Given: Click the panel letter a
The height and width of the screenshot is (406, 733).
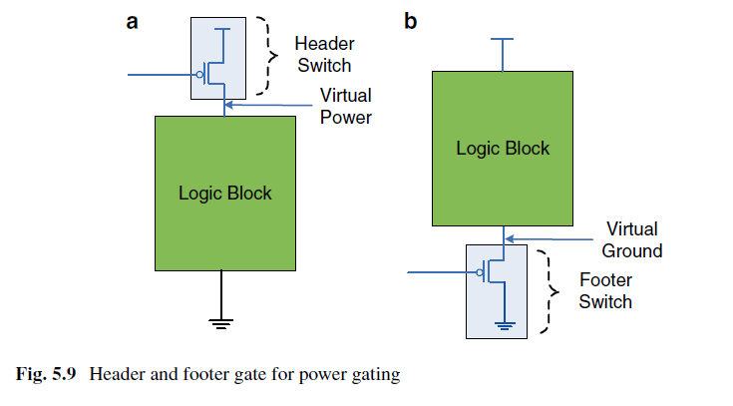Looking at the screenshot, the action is click(133, 22).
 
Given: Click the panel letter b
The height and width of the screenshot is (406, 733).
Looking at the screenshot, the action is click(411, 21).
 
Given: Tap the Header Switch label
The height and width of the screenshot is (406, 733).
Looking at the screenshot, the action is click(324, 54).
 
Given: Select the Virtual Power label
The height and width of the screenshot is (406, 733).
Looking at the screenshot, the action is click(345, 106).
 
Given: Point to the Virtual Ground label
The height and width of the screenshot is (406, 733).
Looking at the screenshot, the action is click(632, 240).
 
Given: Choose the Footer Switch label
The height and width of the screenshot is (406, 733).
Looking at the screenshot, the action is click(605, 290).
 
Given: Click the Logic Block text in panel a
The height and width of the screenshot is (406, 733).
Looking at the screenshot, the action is click(224, 194).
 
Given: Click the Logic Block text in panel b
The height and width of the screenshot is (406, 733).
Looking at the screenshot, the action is click(503, 149).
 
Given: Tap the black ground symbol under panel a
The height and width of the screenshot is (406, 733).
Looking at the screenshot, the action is click(221, 323).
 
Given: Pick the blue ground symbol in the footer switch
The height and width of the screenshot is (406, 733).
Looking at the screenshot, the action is click(505, 325).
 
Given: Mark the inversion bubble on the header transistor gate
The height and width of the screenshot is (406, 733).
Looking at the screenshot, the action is click(200, 75).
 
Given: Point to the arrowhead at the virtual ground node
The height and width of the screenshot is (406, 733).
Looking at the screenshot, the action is click(510, 239).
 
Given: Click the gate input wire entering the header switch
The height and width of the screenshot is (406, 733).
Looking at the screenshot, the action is click(163, 75).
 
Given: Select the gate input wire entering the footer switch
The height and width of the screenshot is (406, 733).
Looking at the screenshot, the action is click(441, 272).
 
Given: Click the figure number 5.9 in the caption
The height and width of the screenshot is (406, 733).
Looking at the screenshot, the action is click(64, 374).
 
